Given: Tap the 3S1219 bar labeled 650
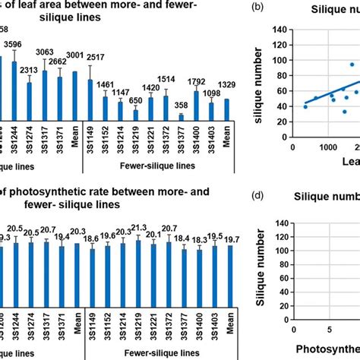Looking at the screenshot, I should click(x=134, y=114).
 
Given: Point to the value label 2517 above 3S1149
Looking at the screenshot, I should click(x=94, y=58).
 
